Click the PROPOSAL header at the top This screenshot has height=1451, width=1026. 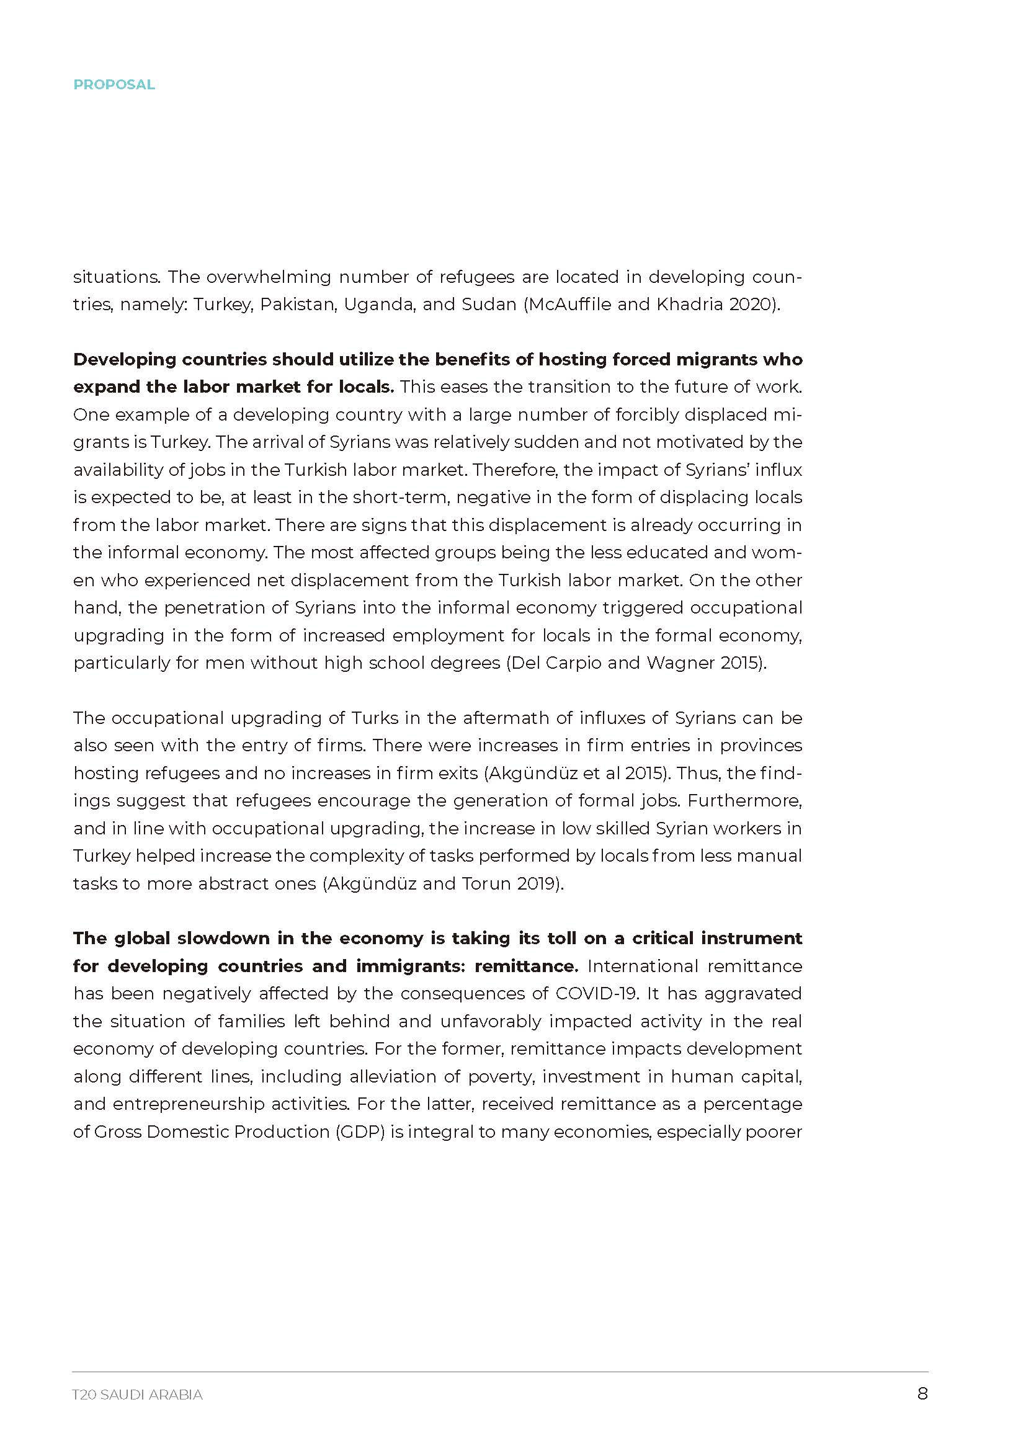pyautogui.click(x=114, y=85)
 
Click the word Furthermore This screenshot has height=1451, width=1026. pyautogui.click(x=744, y=800)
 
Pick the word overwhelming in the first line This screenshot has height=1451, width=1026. pyautogui.click(x=269, y=277)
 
